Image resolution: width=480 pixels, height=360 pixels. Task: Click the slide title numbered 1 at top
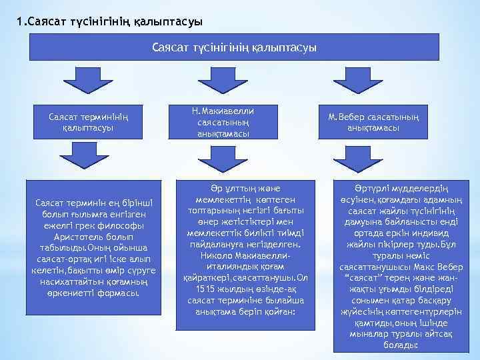(110, 21)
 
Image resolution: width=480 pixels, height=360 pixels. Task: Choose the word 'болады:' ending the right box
(401, 345)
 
